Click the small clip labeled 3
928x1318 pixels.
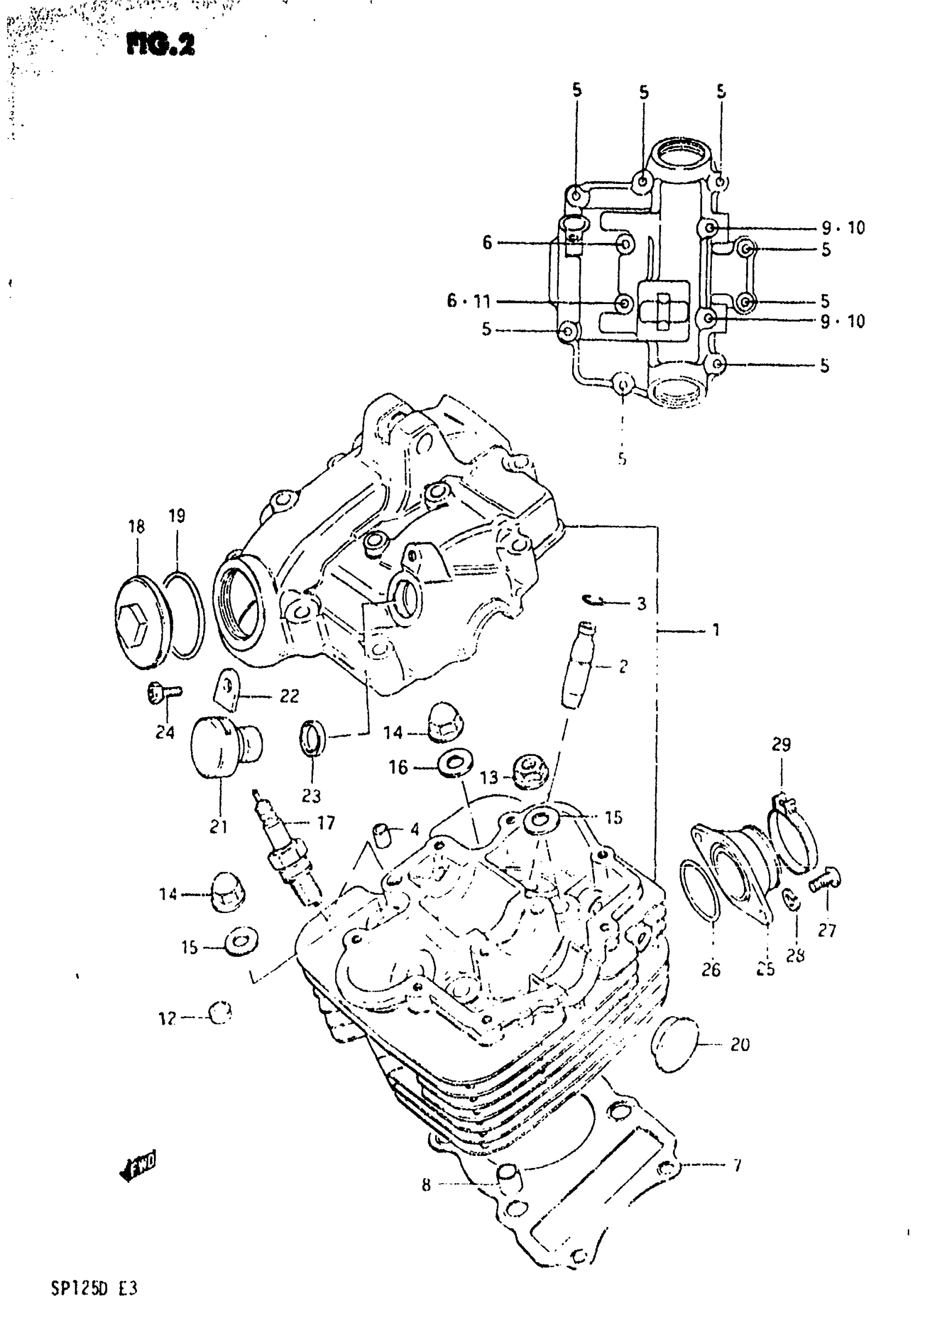pyautogui.click(x=592, y=600)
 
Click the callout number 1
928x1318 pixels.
pyautogui.click(x=716, y=630)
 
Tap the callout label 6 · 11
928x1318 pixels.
pyautogui.click(x=468, y=301)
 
